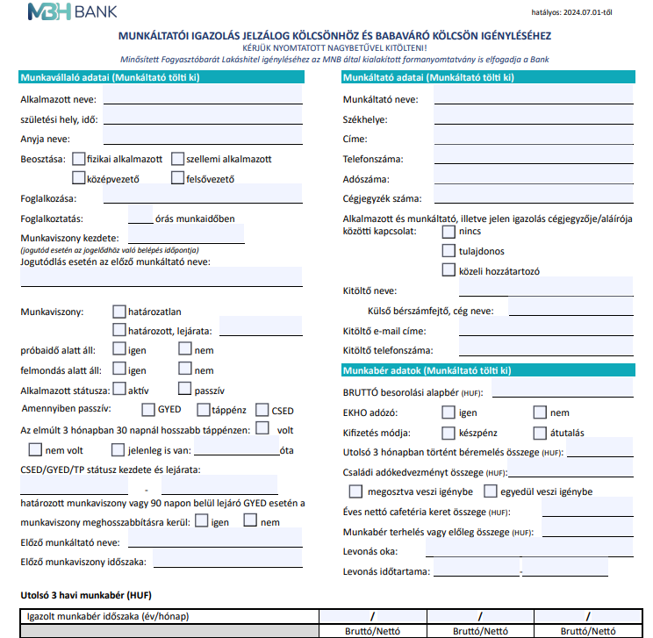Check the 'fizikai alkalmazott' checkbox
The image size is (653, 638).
(x=79, y=159)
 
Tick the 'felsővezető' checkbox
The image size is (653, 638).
(x=177, y=179)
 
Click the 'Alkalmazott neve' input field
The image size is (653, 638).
(x=202, y=99)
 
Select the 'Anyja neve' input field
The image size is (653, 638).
(x=202, y=140)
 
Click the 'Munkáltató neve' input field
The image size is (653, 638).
(x=533, y=99)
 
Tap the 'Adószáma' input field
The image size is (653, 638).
(x=533, y=179)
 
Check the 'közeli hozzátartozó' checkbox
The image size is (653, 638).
(x=448, y=269)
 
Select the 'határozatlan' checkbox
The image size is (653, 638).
(x=119, y=311)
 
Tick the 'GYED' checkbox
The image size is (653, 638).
(x=148, y=410)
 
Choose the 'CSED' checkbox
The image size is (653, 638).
(x=262, y=410)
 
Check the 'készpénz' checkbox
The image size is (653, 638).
(x=448, y=433)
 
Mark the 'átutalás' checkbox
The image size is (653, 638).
(x=540, y=433)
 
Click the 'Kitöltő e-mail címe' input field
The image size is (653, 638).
(x=533, y=331)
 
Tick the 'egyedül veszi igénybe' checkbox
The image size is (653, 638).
(x=491, y=491)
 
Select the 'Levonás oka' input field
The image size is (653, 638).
(x=529, y=551)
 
